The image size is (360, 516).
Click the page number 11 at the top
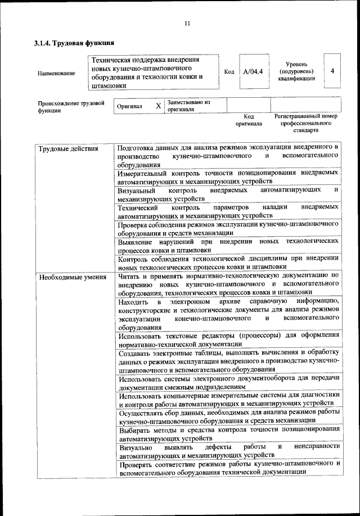[187, 23]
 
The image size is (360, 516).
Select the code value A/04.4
[253, 72]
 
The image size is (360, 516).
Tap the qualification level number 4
[333, 71]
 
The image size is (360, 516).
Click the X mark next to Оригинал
[158, 106]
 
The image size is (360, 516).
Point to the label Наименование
[56, 73]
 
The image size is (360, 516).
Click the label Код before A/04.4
[229, 72]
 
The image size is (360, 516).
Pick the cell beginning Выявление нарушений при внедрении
[228, 245]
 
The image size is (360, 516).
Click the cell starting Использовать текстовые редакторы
[228, 340]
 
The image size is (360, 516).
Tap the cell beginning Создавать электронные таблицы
[228, 361]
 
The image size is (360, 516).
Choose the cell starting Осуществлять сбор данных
[228, 417]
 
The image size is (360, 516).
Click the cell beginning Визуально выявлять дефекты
[228, 450]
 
